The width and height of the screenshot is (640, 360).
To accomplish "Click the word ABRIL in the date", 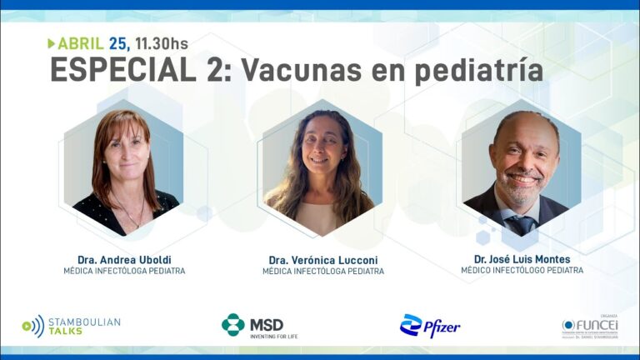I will (81, 43).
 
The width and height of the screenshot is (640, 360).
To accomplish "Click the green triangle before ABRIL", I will (52, 43).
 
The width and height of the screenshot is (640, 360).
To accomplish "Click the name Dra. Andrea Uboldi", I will (124, 259).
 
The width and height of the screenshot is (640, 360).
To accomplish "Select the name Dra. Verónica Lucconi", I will (322, 259).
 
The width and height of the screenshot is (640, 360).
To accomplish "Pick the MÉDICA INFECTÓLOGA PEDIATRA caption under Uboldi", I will (124, 271).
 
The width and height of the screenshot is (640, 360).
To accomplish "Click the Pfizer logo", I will (430, 326).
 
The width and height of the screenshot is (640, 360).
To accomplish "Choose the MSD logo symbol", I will (233, 324).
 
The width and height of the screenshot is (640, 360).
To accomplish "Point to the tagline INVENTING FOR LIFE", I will (273, 337).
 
